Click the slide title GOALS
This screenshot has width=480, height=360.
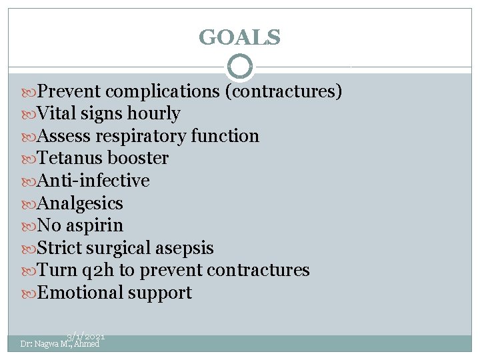[239, 37]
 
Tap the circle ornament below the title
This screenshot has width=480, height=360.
[240, 67]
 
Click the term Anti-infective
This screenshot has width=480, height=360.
[93, 181]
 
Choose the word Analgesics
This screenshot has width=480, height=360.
[81, 203]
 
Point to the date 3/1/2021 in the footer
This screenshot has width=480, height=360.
[85, 338]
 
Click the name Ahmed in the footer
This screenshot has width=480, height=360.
[87, 344]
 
